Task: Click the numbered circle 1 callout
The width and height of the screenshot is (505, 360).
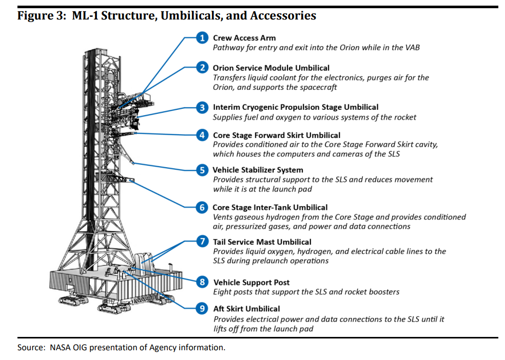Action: [203, 37]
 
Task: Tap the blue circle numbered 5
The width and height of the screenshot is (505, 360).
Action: [203, 170]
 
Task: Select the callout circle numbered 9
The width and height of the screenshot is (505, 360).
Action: [203, 308]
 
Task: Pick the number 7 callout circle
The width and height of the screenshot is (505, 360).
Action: [203, 242]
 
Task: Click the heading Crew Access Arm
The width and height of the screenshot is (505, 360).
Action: [244, 38]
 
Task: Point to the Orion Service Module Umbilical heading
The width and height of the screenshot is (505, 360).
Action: [271, 68]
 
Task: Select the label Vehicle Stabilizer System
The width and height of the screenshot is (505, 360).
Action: [258, 170]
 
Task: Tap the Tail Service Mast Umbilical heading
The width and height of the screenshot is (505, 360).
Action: [262, 242]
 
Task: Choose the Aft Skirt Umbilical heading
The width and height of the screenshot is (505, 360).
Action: [246, 309]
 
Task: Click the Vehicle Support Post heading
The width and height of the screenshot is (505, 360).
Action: [251, 282]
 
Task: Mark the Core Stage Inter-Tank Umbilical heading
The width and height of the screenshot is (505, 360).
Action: [270, 207]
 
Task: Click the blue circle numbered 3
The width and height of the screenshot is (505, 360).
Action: [203, 107]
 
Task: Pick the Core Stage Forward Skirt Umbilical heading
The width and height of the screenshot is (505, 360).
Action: [276, 135]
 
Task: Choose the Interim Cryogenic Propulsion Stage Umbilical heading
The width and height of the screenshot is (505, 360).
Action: [296, 107]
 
